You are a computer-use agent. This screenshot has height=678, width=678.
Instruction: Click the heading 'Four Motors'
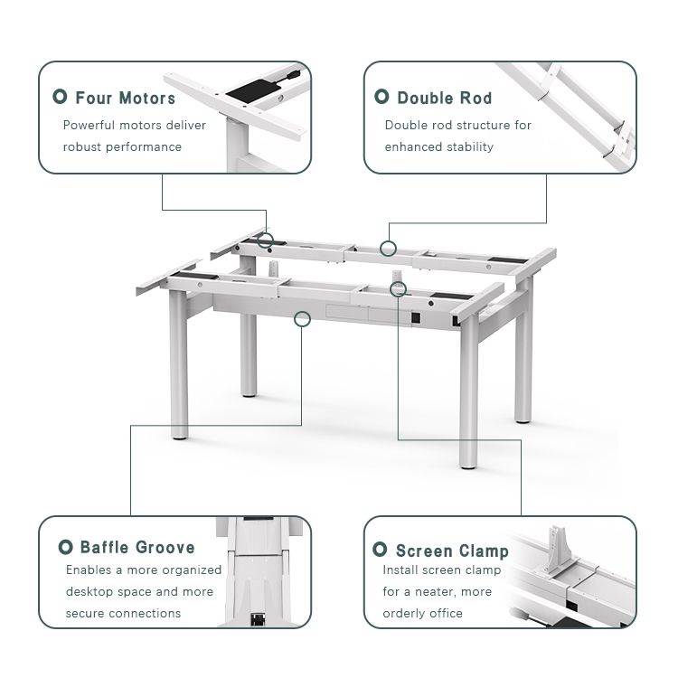pos(126,98)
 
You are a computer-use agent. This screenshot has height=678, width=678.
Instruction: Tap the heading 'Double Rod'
pos(444,98)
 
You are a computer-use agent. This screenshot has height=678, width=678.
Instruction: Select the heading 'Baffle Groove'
pos(137,547)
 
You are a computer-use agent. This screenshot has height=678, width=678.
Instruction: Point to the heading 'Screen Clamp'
pos(452,551)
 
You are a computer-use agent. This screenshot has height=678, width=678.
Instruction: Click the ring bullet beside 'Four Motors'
pos(61,97)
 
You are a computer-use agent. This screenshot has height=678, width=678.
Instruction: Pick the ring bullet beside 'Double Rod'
pos(381,97)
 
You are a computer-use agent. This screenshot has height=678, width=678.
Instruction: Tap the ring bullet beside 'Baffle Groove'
pos(65,547)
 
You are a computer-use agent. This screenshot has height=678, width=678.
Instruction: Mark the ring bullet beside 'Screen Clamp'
pos(381,550)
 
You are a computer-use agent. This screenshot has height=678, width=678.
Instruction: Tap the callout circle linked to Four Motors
pos(265,240)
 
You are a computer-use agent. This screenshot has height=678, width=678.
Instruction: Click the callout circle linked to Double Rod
pos(388,248)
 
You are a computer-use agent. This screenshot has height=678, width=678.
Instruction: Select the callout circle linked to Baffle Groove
pos(303,317)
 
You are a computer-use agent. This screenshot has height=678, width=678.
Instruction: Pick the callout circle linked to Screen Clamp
pos(398,287)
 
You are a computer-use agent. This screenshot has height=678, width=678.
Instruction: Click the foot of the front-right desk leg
pos(467,463)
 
